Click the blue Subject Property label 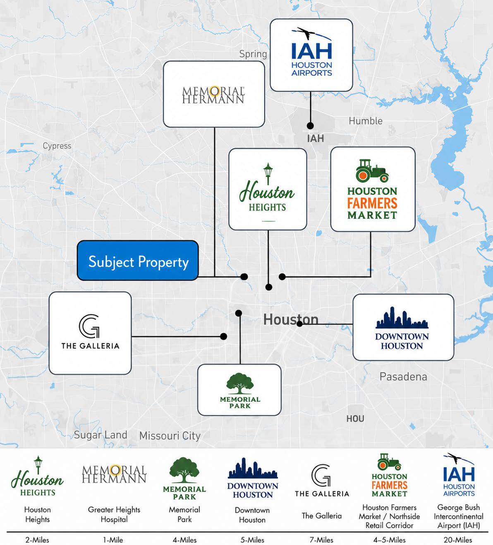pos(138,260)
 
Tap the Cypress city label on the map pos(57,146)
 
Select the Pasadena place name pos(403,377)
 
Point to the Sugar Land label pos(101,435)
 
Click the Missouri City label pos(170,436)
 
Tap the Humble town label pos(365,121)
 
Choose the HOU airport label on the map pos(355,419)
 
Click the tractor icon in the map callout pos(372,170)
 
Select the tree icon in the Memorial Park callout pos(239,383)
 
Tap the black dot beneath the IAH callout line pos(310,125)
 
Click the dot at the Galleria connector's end pos(224,336)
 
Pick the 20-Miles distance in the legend pos(458,540)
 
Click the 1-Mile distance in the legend pos(113,540)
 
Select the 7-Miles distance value pos(321,540)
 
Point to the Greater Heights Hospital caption pos(114,514)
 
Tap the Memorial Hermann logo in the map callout pos(213,94)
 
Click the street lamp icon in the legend pos(38,465)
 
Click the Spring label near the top pos(253,54)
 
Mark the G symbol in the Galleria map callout pos(89,326)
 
